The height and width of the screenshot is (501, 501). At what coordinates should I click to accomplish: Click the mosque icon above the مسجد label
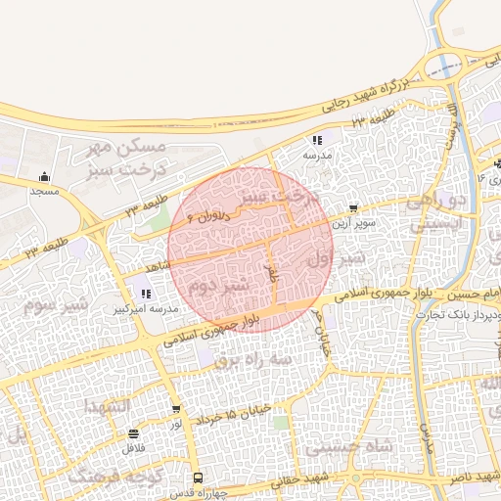tap(45, 177)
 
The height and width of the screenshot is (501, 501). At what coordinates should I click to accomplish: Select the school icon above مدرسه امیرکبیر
tap(147, 294)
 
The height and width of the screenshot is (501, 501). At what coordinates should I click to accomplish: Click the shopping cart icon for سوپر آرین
tap(352, 207)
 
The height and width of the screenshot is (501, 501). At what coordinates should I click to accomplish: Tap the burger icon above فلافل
tap(133, 433)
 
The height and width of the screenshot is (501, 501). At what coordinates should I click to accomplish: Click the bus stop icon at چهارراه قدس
tap(199, 478)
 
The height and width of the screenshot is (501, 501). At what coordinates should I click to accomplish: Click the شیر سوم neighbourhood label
tap(55, 304)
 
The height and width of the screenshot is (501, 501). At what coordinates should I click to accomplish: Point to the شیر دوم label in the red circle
tap(217, 287)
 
